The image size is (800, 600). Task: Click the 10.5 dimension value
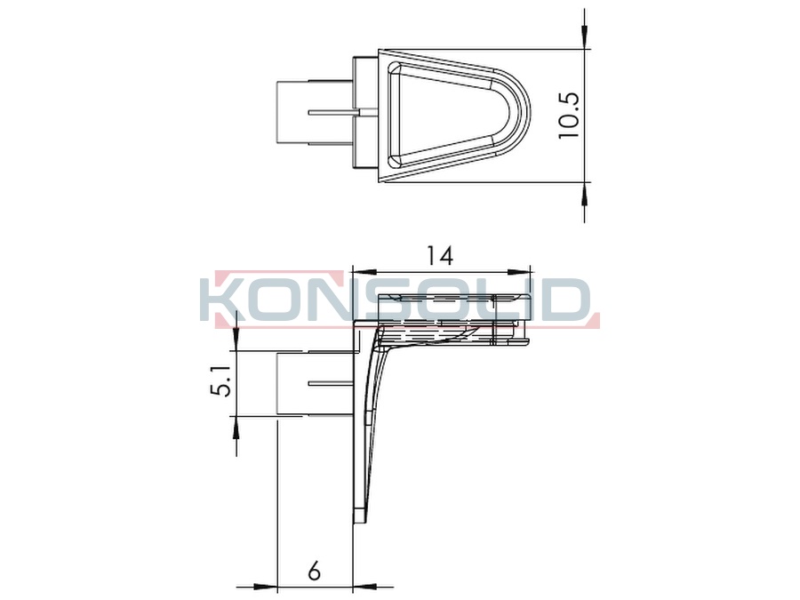(x=567, y=116)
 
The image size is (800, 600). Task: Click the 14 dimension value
(x=439, y=256)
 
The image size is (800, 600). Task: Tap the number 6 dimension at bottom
(x=315, y=571)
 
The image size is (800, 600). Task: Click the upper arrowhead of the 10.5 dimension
(x=584, y=37)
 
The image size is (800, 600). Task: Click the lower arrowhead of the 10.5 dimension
(x=584, y=193)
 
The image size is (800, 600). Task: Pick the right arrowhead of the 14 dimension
(x=519, y=271)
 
